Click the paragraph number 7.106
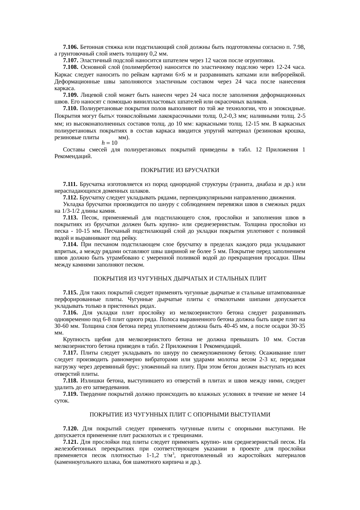(x=71, y=47)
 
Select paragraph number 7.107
(x=71, y=60)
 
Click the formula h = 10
(x=109, y=143)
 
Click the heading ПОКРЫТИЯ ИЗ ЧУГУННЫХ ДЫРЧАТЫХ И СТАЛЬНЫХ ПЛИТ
(x=180, y=279)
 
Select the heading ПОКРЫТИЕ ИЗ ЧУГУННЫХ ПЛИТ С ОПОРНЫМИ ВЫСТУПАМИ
(x=180, y=415)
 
